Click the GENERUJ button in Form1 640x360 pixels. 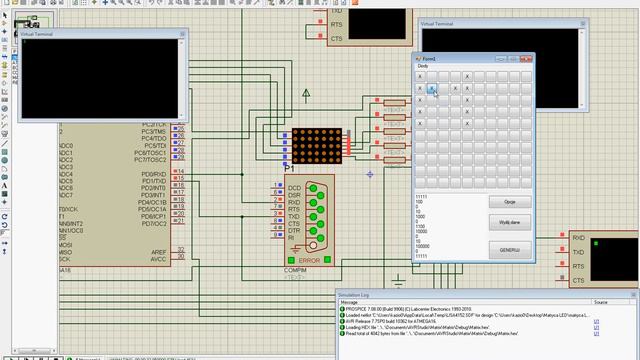coord(509,248)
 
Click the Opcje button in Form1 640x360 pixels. coord(509,201)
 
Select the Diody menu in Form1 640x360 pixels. coord(422,65)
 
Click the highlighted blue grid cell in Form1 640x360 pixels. coord(433,88)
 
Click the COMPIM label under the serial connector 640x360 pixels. coord(295,269)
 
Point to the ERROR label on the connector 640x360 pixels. coord(309,259)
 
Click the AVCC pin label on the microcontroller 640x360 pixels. coord(157,259)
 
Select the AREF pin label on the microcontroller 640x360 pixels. coord(157,251)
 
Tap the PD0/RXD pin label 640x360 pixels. coord(153,172)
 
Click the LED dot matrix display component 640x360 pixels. coord(317,147)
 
